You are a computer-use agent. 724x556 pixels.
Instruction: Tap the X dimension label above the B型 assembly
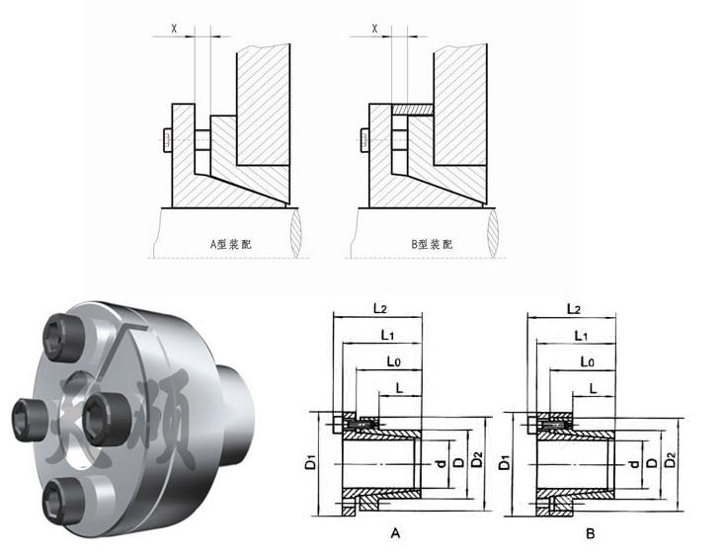pos(374,29)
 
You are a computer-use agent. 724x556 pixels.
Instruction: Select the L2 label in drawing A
pos(380,309)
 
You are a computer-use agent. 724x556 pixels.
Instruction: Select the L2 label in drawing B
pos(573,309)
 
